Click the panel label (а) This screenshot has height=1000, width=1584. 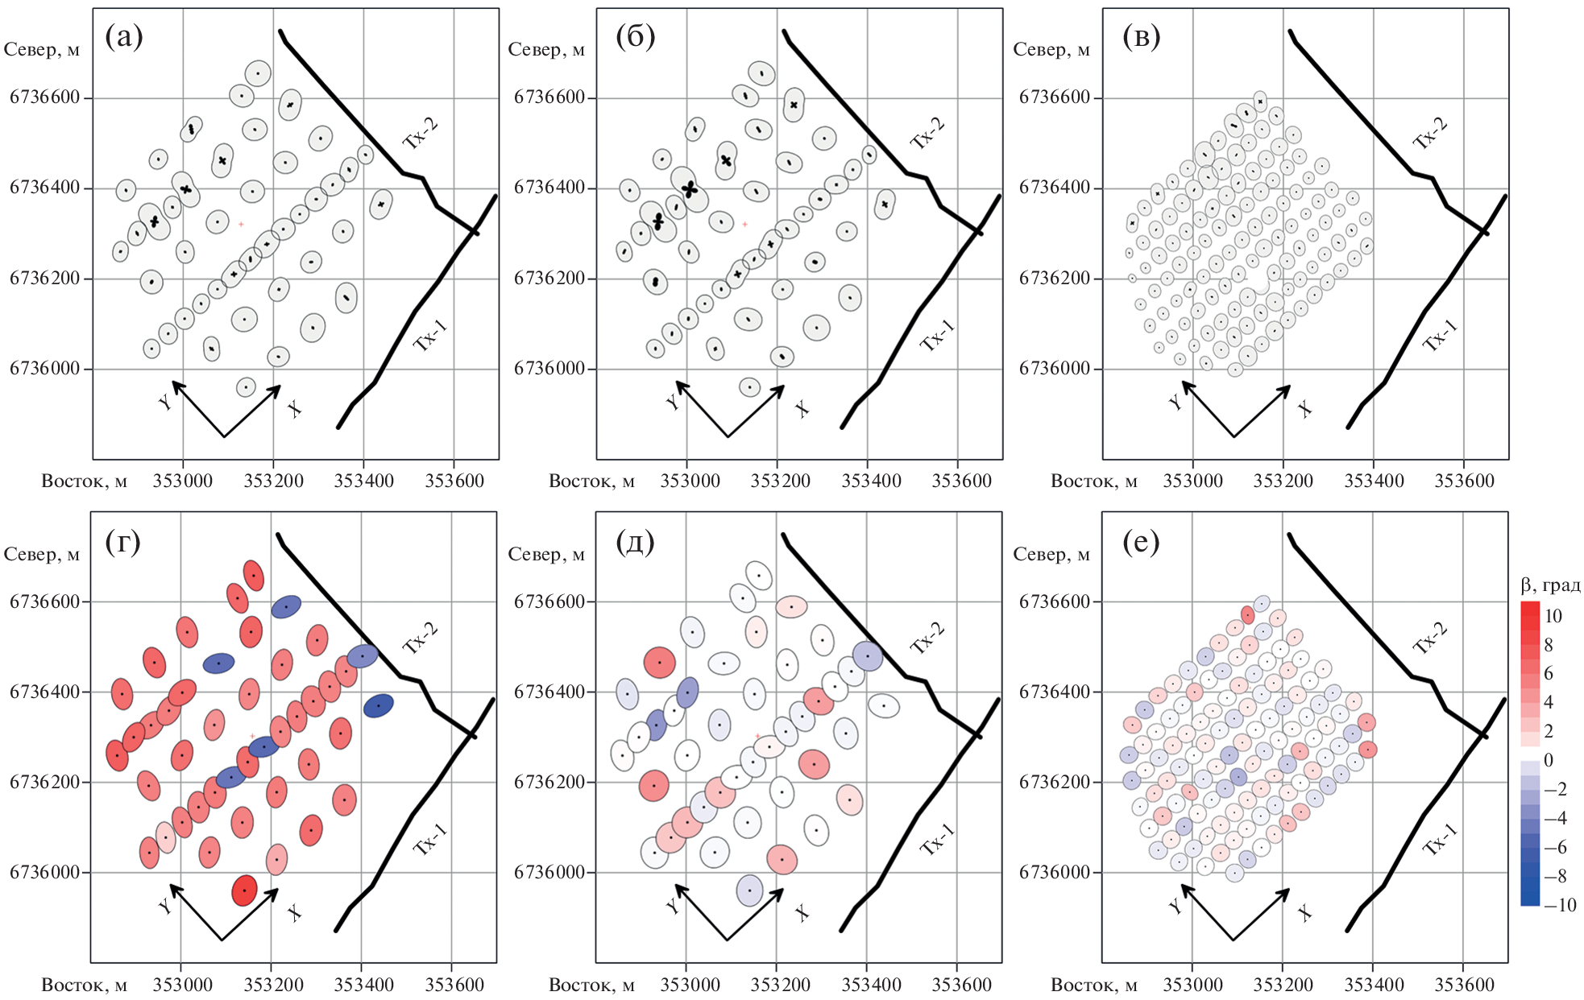click(124, 37)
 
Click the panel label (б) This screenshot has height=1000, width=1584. click(635, 37)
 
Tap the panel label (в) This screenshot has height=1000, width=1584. click(1141, 37)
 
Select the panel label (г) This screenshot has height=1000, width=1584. click(122, 542)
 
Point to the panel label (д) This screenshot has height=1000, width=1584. click(635, 542)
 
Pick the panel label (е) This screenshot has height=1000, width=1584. click(1141, 542)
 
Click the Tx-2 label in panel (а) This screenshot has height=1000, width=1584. click(421, 133)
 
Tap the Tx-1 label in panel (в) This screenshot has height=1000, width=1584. click(1440, 335)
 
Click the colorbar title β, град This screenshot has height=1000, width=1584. click(1549, 585)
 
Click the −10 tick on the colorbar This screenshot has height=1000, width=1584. click(1560, 904)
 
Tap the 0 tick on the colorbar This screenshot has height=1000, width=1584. click(1548, 760)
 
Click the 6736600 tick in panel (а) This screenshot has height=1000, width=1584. click(45, 97)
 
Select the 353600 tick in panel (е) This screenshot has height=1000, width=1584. click(1465, 985)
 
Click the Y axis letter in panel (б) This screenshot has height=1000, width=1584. click(674, 402)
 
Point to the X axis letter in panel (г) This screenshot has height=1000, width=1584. click(294, 912)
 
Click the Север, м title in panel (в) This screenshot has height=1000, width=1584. click(1051, 50)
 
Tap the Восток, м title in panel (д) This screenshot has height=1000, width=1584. click(591, 985)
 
